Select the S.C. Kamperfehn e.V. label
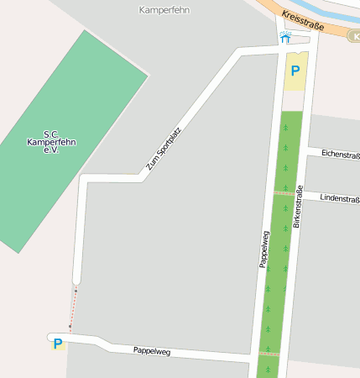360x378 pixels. (51, 142)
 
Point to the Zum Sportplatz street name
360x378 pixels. (164, 148)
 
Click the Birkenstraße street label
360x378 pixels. (297, 206)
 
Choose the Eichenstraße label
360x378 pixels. (340, 155)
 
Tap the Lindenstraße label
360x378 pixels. (340, 199)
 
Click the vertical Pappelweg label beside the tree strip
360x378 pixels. (263, 249)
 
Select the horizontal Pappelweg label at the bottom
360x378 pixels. (152, 350)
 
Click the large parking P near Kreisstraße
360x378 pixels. (295, 71)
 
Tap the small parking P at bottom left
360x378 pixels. (57, 343)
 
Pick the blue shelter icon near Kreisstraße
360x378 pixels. (285, 37)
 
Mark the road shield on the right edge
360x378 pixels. (355, 36)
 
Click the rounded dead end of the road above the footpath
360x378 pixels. (76, 279)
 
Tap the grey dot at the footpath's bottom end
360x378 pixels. (70, 328)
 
